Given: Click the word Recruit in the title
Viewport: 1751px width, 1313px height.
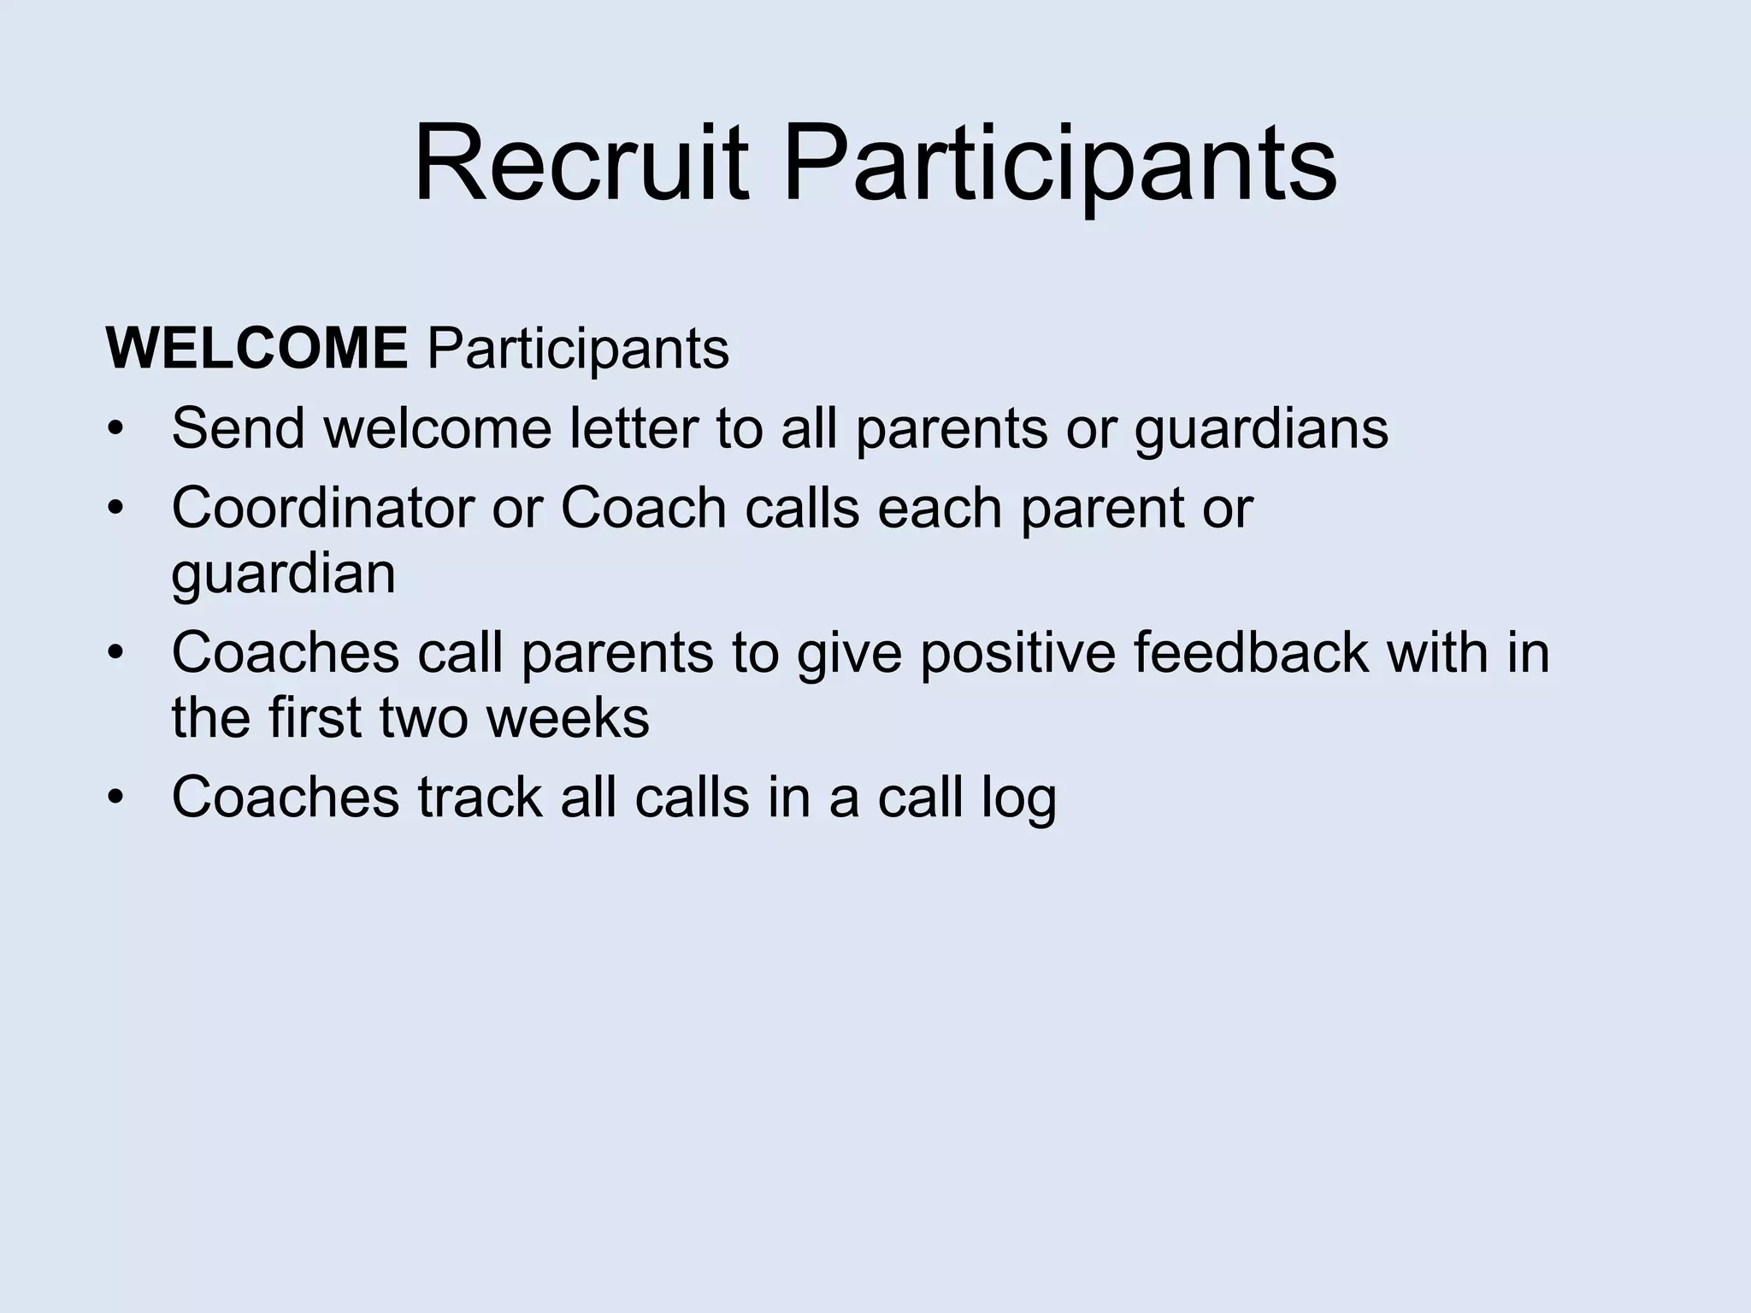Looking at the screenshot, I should pyautogui.click(x=581, y=164).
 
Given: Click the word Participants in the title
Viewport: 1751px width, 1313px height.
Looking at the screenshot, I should pyautogui.click(x=1059, y=164).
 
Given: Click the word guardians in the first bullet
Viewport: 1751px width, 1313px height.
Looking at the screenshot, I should pyautogui.click(x=1261, y=429).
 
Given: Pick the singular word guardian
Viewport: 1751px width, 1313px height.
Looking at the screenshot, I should pyautogui.click(x=283, y=574).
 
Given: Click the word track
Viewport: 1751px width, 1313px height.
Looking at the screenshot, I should pyautogui.click(x=480, y=797).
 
